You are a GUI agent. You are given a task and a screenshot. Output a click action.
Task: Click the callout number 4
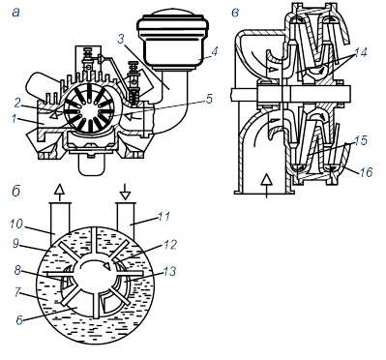(215, 51)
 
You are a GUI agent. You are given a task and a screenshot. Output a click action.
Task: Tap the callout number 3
(121, 39)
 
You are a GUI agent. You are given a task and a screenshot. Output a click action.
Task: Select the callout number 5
(210, 99)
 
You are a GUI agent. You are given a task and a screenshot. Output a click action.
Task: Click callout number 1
(14, 119)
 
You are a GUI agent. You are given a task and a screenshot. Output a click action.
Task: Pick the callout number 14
(360, 52)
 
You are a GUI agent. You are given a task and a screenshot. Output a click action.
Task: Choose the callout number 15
(360, 140)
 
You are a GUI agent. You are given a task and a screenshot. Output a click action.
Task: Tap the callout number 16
(366, 172)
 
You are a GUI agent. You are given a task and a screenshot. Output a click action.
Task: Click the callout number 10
(16, 224)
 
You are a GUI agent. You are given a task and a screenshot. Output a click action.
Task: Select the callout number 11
(163, 217)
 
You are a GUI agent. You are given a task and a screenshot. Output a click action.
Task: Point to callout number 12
(170, 245)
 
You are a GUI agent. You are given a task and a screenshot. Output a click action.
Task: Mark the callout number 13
(169, 271)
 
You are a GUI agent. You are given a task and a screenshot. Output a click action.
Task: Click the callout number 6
(19, 319)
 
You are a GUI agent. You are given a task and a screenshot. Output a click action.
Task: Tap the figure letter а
(15, 13)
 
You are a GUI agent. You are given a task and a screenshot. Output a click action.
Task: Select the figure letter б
(16, 191)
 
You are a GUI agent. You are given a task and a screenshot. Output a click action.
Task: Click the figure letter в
(235, 13)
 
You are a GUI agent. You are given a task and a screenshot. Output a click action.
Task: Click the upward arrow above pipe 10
(59, 194)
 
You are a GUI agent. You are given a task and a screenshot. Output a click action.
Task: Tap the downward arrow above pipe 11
(125, 193)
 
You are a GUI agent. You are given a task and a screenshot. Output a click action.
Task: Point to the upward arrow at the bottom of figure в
(266, 185)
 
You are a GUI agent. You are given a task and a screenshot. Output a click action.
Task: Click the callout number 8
(17, 270)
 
